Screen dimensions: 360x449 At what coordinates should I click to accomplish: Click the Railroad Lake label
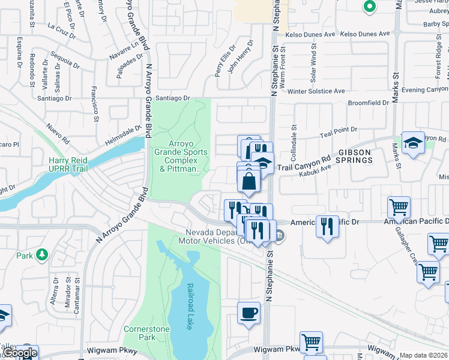[190, 306]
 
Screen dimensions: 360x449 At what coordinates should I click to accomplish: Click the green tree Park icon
[42, 255]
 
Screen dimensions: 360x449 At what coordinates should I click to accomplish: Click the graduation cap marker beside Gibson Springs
[413, 143]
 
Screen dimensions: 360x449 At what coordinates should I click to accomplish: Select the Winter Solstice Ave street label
[316, 91]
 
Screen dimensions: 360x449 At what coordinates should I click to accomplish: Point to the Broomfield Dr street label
[369, 103]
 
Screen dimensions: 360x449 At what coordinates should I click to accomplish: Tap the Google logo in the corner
[19, 353]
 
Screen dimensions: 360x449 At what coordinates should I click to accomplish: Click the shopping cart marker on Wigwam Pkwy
[311, 343]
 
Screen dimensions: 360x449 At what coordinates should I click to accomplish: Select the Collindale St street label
[294, 137]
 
